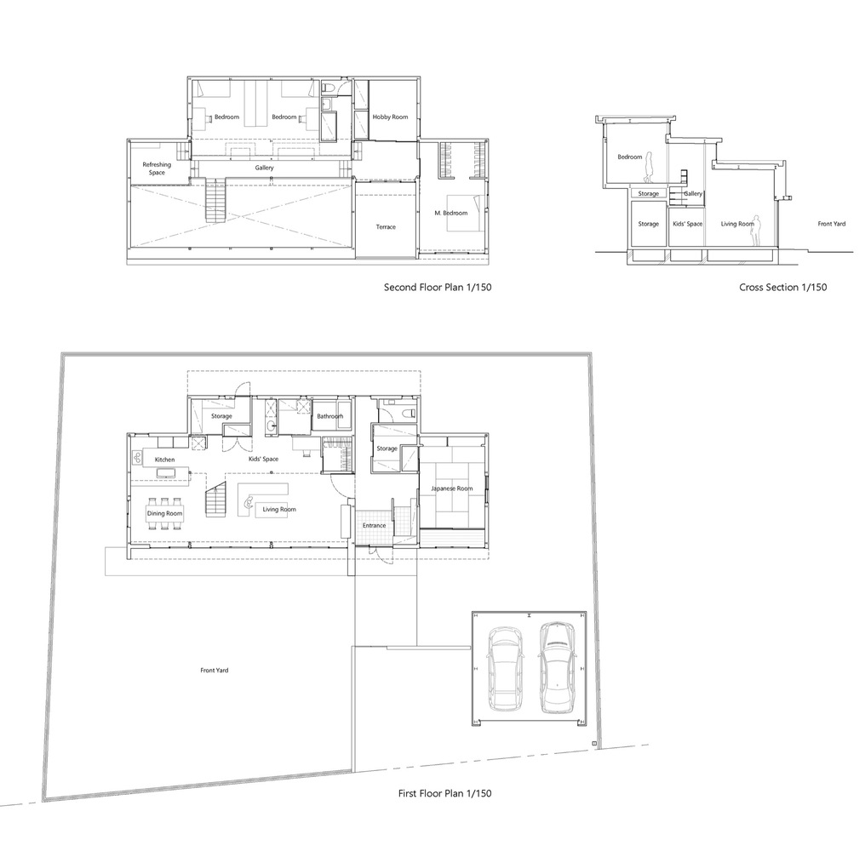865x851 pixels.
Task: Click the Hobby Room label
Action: point(390,117)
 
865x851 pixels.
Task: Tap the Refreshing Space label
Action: point(157,168)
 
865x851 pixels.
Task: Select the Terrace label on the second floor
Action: point(386,226)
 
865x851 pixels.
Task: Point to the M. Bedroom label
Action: point(450,213)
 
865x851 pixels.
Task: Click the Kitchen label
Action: point(164,460)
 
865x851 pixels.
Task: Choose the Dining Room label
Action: point(164,513)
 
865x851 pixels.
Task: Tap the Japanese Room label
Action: point(451,488)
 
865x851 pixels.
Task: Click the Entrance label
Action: point(374,525)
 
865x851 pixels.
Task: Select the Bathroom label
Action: point(329,416)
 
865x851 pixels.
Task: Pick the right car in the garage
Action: point(557,666)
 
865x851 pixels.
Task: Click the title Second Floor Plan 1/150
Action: point(437,288)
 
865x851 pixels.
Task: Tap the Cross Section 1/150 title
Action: point(782,288)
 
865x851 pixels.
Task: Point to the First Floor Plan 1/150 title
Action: point(444,793)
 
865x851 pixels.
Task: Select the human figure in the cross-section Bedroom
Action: point(649,168)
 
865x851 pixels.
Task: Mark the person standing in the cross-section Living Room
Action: point(754,230)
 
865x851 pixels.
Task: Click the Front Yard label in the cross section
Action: point(831,224)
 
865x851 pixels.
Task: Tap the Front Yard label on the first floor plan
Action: point(214,671)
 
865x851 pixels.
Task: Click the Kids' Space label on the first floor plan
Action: point(263,459)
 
